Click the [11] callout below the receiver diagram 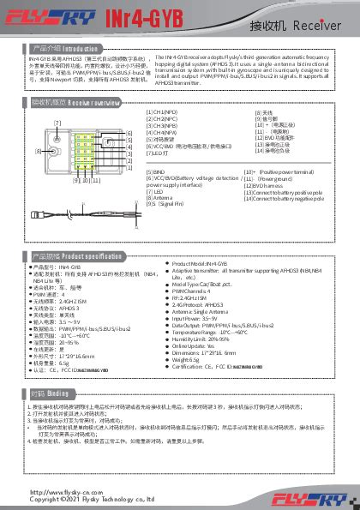point(96,181)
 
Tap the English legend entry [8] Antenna point(162,197)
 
